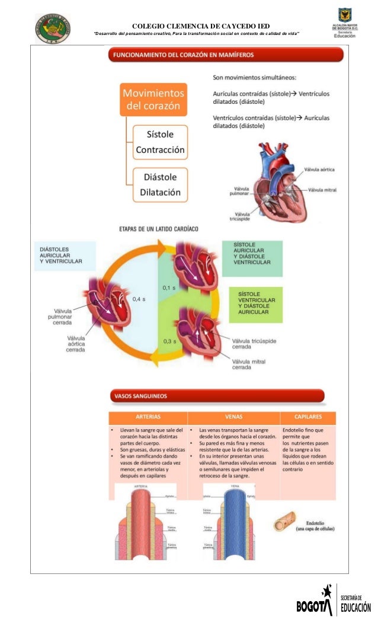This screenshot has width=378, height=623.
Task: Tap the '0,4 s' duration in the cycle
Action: [139, 299]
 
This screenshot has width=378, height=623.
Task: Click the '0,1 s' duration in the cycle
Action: [169, 288]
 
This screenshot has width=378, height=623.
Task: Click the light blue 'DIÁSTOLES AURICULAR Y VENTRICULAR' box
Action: [65, 255]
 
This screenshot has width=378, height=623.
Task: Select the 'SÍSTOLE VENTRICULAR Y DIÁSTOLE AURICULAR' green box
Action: [255, 303]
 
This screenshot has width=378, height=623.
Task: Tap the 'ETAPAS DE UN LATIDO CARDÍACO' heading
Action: [158, 228]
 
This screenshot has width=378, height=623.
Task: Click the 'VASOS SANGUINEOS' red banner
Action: [216, 395]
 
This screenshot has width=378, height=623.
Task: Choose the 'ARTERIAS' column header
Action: [148, 417]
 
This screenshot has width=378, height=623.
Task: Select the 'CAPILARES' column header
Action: [308, 417]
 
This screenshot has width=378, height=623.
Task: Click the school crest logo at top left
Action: [52, 28]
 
